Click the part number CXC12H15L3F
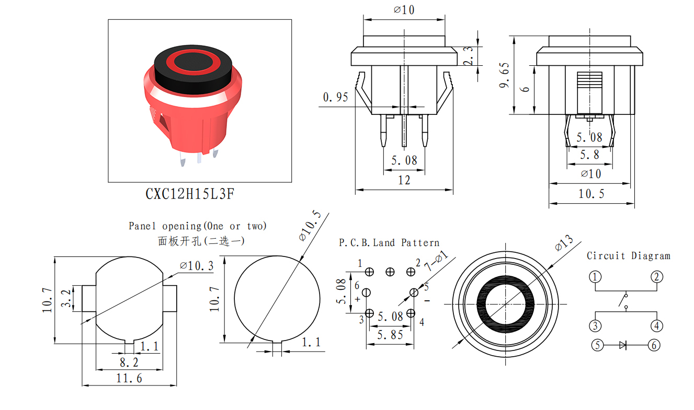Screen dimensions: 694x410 pos(190,194)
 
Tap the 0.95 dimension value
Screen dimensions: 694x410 pos(336,97)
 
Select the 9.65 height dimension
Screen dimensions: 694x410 pos(504,75)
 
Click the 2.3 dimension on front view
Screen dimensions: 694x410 pos(468,56)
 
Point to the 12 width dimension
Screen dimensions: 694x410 pos(404,180)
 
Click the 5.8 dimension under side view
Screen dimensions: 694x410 pos(589,155)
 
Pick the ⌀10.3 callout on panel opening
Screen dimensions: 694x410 pos(197,266)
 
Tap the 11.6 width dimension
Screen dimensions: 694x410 pos(129,378)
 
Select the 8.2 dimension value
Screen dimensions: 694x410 pos(129,362)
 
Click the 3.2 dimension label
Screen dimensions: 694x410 pos(66,298)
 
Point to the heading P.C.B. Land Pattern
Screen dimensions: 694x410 pos(389,242)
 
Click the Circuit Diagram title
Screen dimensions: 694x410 pos(628,256)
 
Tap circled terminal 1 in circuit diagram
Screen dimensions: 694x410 pos(595,277)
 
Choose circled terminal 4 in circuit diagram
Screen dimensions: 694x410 pos(656,326)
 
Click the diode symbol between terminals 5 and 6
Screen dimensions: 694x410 pos(623,345)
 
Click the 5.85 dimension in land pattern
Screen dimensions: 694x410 pos(390,335)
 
